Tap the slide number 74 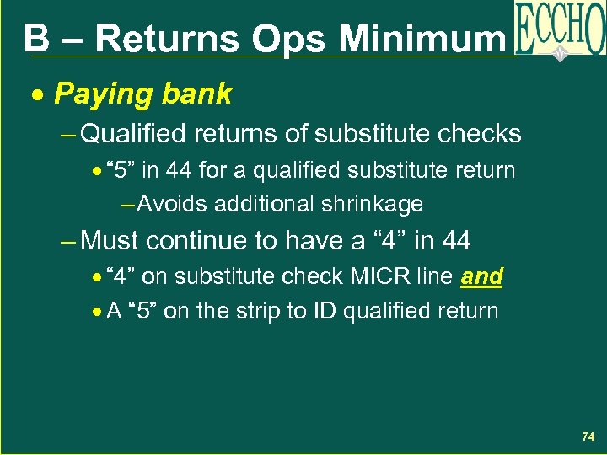pyautogui.click(x=588, y=437)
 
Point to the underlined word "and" pyautogui.click(x=482, y=276)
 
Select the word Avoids pyautogui.click(x=175, y=204)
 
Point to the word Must pyautogui.click(x=111, y=241)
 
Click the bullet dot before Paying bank pyautogui.click(x=36, y=95)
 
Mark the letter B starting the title pyautogui.click(x=35, y=38)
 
